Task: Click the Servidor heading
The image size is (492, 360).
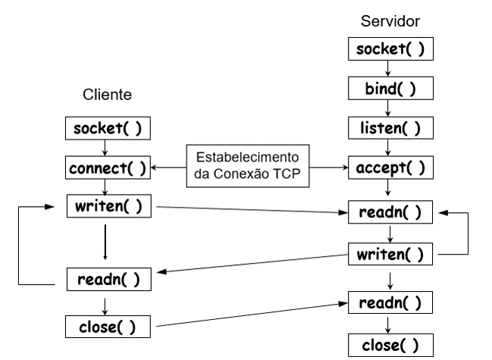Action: click(x=390, y=21)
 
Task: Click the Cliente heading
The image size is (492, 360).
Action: click(x=107, y=95)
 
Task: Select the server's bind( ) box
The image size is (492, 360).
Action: click(x=390, y=88)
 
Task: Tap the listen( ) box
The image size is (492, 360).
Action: click(x=390, y=128)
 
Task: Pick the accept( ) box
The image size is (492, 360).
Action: click(x=390, y=167)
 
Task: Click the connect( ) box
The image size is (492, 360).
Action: click(x=108, y=167)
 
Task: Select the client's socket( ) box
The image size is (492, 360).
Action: click(x=108, y=128)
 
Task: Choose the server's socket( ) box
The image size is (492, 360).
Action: click(x=390, y=49)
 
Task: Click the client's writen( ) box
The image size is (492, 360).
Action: click(x=109, y=206)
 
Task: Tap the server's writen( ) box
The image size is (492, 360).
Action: click(x=390, y=254)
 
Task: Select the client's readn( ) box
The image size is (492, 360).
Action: click(x=109, y=280)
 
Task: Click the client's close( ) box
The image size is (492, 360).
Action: click(x=108, y=327)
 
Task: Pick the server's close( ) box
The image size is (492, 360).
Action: click(x=390, y=346)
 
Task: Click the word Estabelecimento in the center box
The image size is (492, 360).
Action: click(x=248, y=157)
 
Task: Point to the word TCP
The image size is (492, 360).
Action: click(x=287, y=174)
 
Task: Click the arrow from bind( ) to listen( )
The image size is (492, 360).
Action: click(x=388, y=108)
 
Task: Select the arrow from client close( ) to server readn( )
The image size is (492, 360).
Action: click(x=252, y=315)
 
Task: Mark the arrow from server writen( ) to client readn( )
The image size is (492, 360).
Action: click(x=252, y=264)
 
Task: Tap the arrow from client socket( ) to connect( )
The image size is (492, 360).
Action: click(x=105, y=148)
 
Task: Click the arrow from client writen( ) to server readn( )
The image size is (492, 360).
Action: click(x=252, y=209)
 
